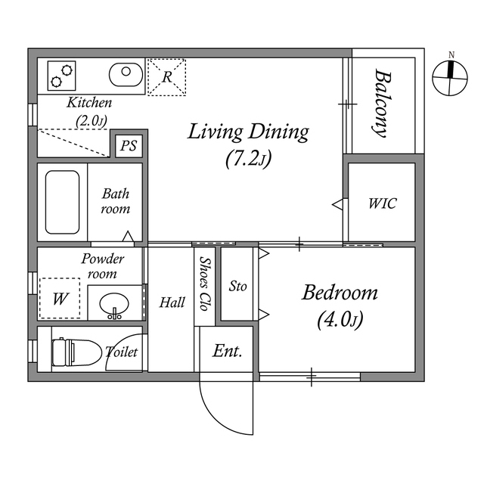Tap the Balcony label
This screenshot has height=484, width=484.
point(383,103)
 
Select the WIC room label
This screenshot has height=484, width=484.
point(382,203)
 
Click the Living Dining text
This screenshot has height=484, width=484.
point(248,132)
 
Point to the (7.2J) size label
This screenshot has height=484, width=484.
point(248,159)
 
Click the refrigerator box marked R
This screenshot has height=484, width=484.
point(166,77)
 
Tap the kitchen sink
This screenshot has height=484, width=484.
point(126,75)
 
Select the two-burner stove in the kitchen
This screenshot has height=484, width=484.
point(60,76)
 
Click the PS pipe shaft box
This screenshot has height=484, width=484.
point(129,146)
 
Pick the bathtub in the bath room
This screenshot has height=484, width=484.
point(62,202)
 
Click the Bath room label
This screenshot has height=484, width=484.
point(116,201)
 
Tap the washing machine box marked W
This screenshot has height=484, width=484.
point(58,299)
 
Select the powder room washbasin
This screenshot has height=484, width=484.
point(115,305)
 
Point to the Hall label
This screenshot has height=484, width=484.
point(172,302)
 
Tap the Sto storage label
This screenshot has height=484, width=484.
point(238,287)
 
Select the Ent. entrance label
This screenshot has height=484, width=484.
point(227,351)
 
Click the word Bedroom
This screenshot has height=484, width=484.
point(340,293)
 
